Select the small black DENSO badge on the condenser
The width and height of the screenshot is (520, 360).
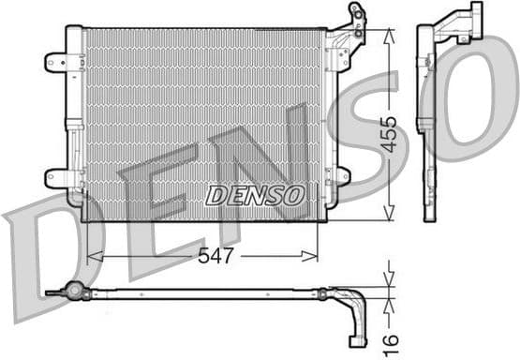pos(256,196)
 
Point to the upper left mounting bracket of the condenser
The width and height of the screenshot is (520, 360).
pos(59,63)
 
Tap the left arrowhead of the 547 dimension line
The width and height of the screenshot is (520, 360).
pos(91,254)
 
